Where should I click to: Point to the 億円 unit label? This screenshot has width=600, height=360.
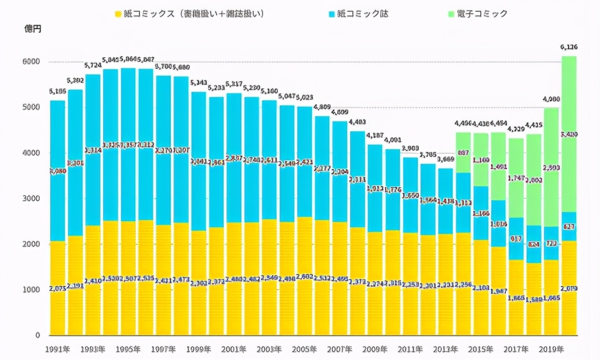(x=33, y=28)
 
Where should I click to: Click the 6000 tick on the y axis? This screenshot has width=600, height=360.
(x=32, y=62)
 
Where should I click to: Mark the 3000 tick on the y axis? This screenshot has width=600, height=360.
(x=32, y=198)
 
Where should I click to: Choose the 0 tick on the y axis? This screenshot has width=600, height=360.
(x=37, y=335)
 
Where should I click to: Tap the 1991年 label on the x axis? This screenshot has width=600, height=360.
(x=57, y=349)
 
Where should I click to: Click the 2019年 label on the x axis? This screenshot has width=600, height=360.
(x=551, y=349)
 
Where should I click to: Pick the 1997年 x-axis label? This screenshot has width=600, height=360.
(x=163, y=349)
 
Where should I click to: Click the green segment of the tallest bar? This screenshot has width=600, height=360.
(x=568, y=107)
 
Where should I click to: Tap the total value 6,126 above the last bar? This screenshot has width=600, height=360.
(x=568, y=47)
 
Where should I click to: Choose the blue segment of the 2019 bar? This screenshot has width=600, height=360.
(x=551, y=235)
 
